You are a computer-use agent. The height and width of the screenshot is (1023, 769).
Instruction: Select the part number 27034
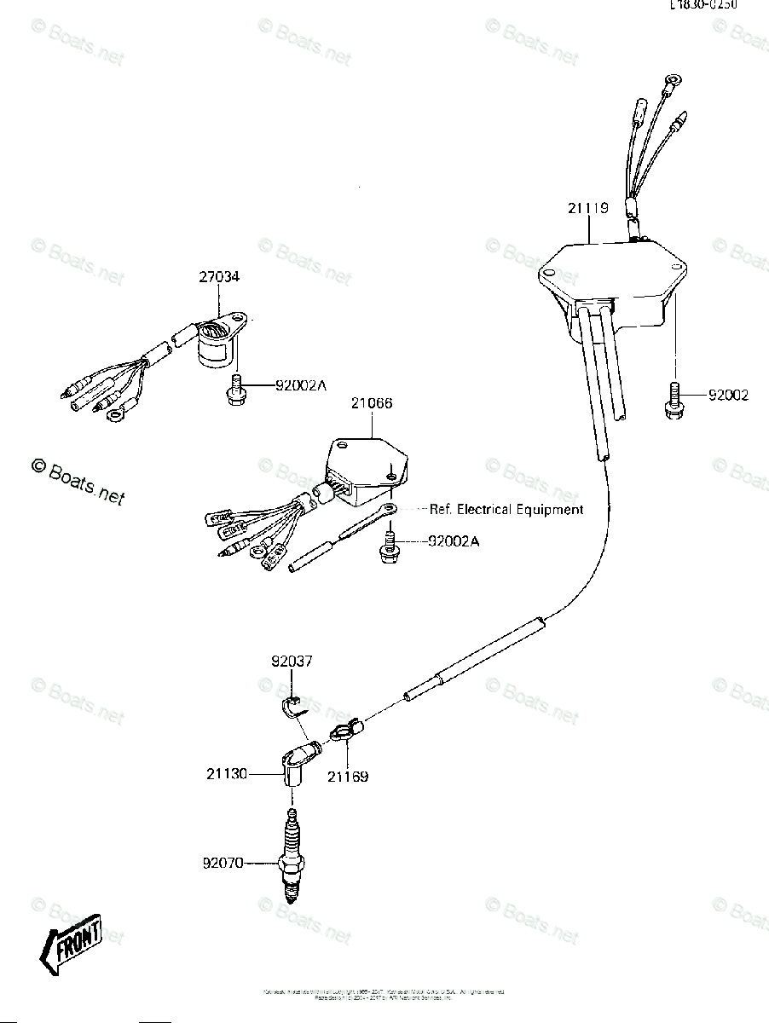[x=219, y=277]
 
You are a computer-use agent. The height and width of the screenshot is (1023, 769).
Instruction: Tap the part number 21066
[x=371, y=403]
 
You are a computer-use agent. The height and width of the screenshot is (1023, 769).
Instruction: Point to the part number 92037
[x=293, y=661]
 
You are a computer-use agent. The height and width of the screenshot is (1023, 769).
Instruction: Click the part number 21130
[x=226, y=774]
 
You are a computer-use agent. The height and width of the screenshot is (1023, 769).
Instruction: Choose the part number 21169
[x=348, y=777]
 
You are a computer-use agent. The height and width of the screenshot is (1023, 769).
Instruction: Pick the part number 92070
[x=223, y=863]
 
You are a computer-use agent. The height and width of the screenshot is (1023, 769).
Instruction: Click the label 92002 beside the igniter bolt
[x=727, y=395]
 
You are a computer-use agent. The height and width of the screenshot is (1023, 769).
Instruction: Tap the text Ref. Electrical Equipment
[x=506, y=509]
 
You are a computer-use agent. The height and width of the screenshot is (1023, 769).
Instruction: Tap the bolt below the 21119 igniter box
[x=672, y=400]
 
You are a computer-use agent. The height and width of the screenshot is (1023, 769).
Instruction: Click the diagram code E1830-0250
[x=703, y=4]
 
